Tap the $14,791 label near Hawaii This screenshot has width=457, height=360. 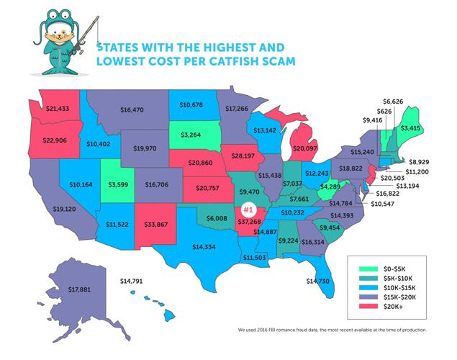(x=133, y=280)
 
